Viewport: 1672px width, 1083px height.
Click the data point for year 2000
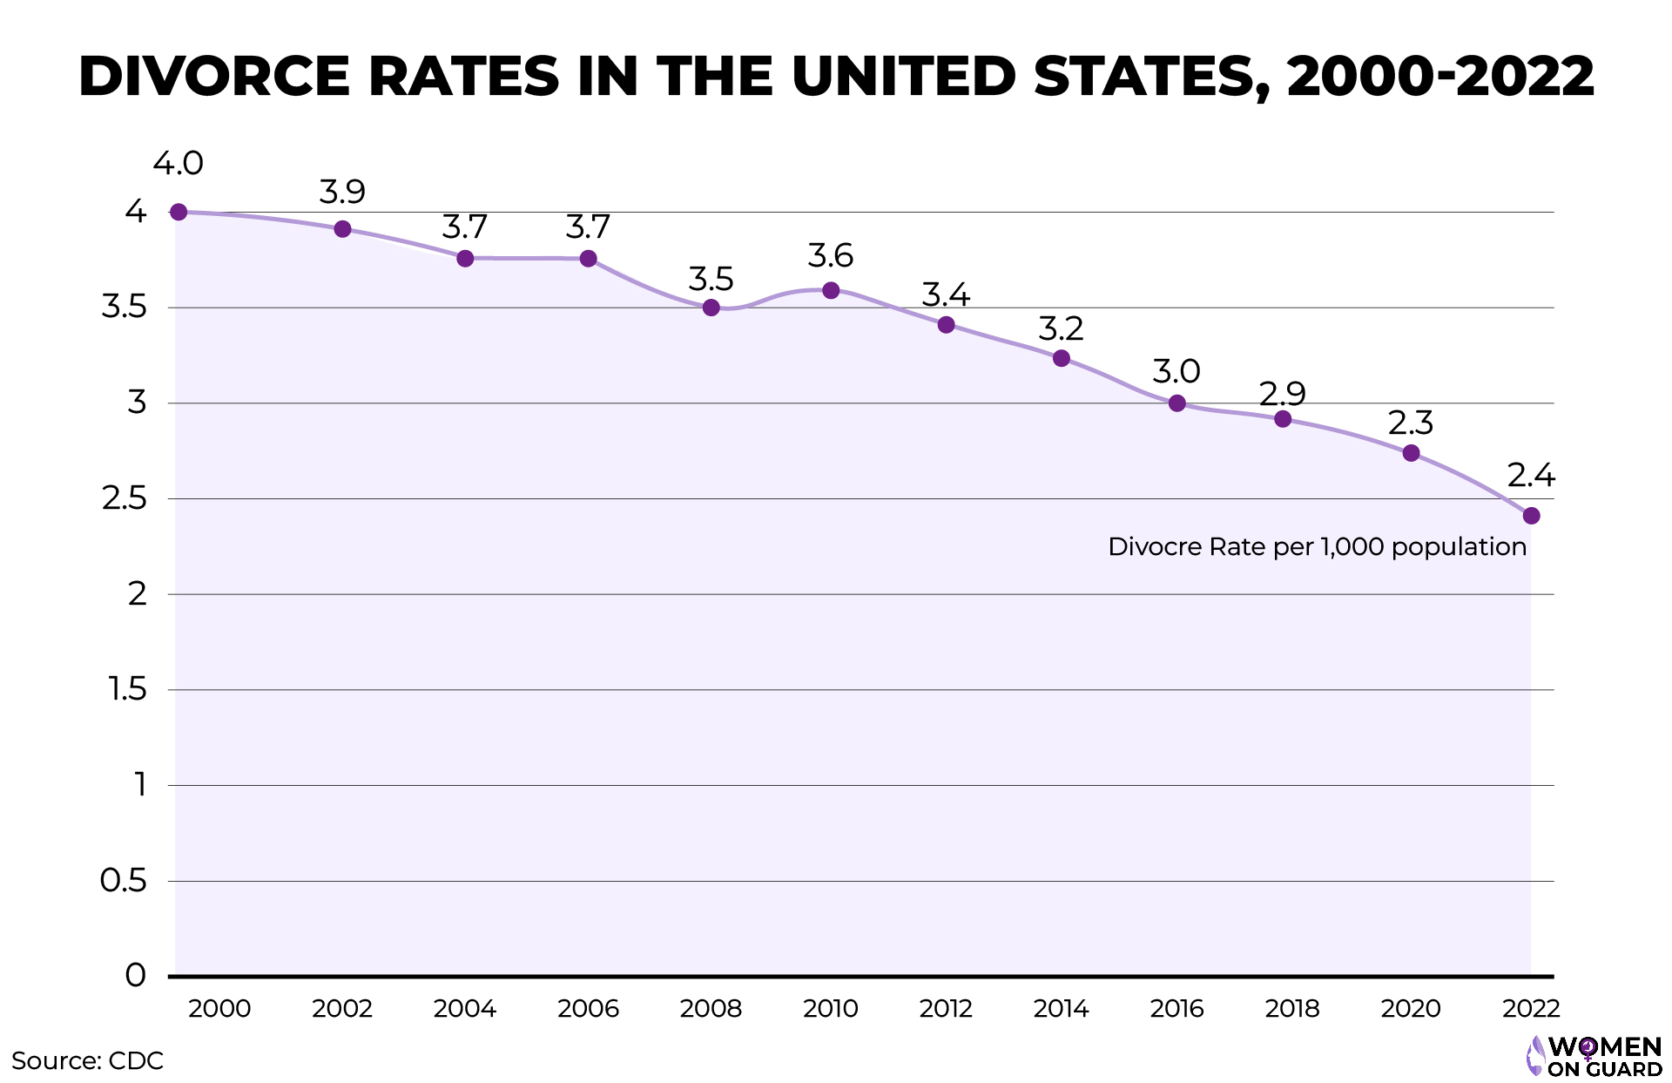(179, 212)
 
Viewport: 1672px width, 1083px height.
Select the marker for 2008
(711, 308)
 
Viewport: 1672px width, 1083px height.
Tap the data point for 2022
(1531, 516)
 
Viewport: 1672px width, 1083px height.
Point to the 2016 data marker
(1176, 403)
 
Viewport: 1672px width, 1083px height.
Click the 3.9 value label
(342, 192)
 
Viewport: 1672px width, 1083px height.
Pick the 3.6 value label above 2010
(830, 256)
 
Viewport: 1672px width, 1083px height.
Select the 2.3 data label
(1410, 423)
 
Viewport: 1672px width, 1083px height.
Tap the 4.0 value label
(178, 163)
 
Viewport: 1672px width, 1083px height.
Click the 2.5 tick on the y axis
(124, 498)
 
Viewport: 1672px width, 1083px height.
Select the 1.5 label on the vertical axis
(126, 689)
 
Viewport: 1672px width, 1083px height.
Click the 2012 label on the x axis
(946, 1008)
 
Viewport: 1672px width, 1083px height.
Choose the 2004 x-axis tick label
(464, 1008)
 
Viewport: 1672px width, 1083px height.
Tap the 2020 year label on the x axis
(1411, 1008)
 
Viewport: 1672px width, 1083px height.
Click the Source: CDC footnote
(87, 1060)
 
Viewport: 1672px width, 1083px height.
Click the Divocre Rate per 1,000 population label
(1317, 546)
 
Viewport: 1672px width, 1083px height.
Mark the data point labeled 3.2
(1061, 358)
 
